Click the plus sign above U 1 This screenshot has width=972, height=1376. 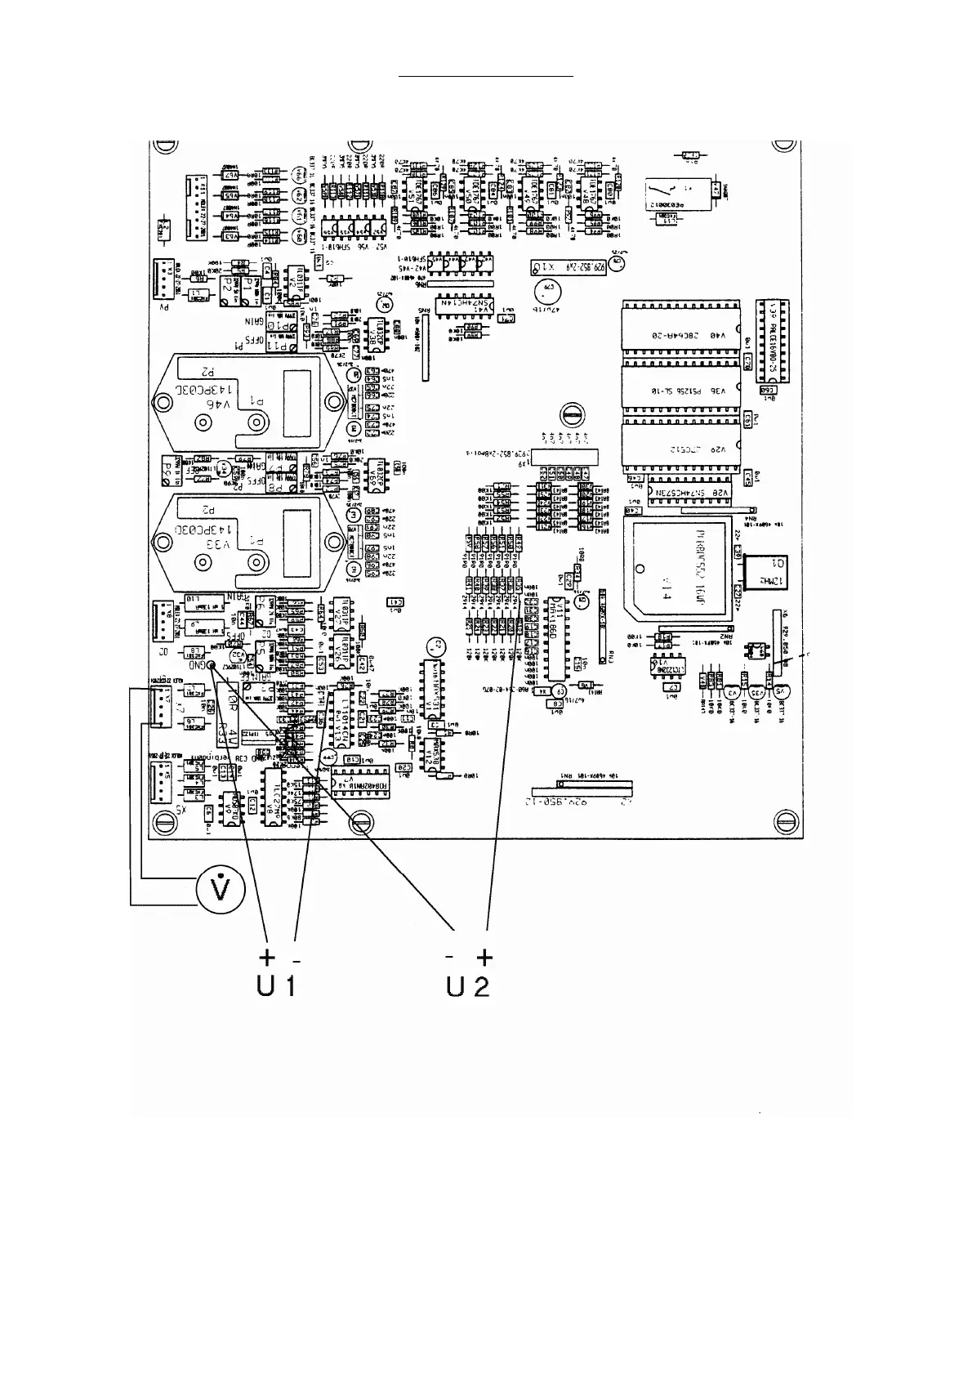pos(266,957)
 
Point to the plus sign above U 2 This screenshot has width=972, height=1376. pos(485,957)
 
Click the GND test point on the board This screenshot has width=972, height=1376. pos(212,665)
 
